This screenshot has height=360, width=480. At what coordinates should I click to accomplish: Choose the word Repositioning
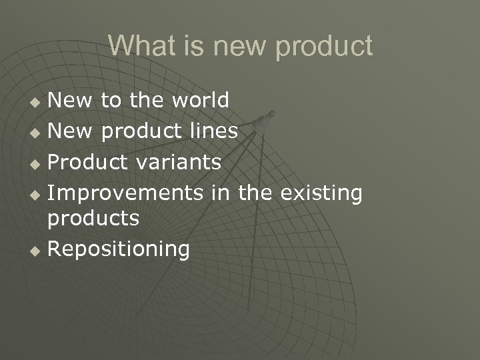click(119, 249)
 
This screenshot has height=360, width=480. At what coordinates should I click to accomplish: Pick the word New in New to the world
click(73, 100)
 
